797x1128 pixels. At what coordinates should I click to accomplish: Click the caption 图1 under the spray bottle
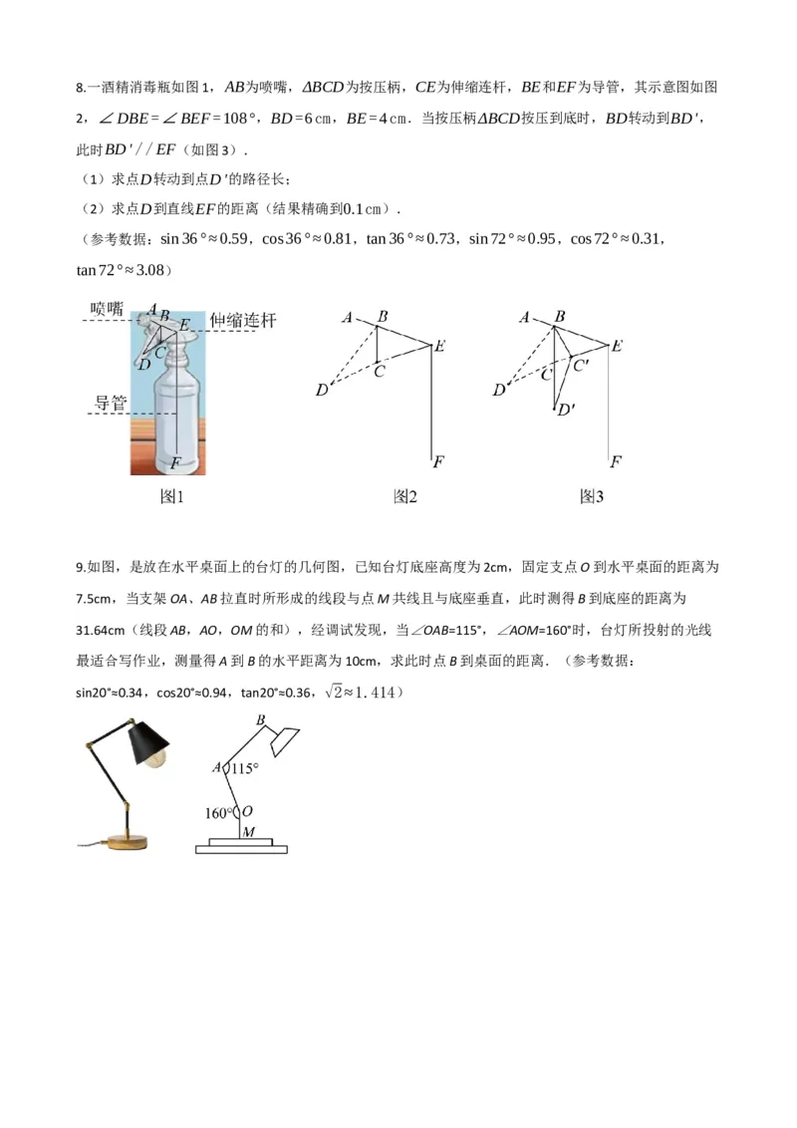(173, 496)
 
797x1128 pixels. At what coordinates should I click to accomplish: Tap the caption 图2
(404, 496)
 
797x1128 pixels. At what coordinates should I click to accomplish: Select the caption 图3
(592, 496)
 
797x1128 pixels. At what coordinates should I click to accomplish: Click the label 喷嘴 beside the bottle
(107, 309)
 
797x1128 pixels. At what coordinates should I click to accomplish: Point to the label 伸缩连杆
(242, 321)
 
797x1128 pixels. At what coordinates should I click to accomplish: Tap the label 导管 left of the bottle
(111, 403)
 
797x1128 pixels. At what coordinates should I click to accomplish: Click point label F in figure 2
(438, 461)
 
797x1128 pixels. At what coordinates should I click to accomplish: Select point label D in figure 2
(321, 391)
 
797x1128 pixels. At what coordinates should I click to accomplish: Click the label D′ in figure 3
(566, 409)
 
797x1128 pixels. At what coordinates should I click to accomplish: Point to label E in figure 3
(617, 346)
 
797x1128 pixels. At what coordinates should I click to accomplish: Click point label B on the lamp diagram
(261, 720)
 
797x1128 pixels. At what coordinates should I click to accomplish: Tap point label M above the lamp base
(248, 831)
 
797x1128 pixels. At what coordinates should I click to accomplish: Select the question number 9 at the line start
(79, 567)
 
